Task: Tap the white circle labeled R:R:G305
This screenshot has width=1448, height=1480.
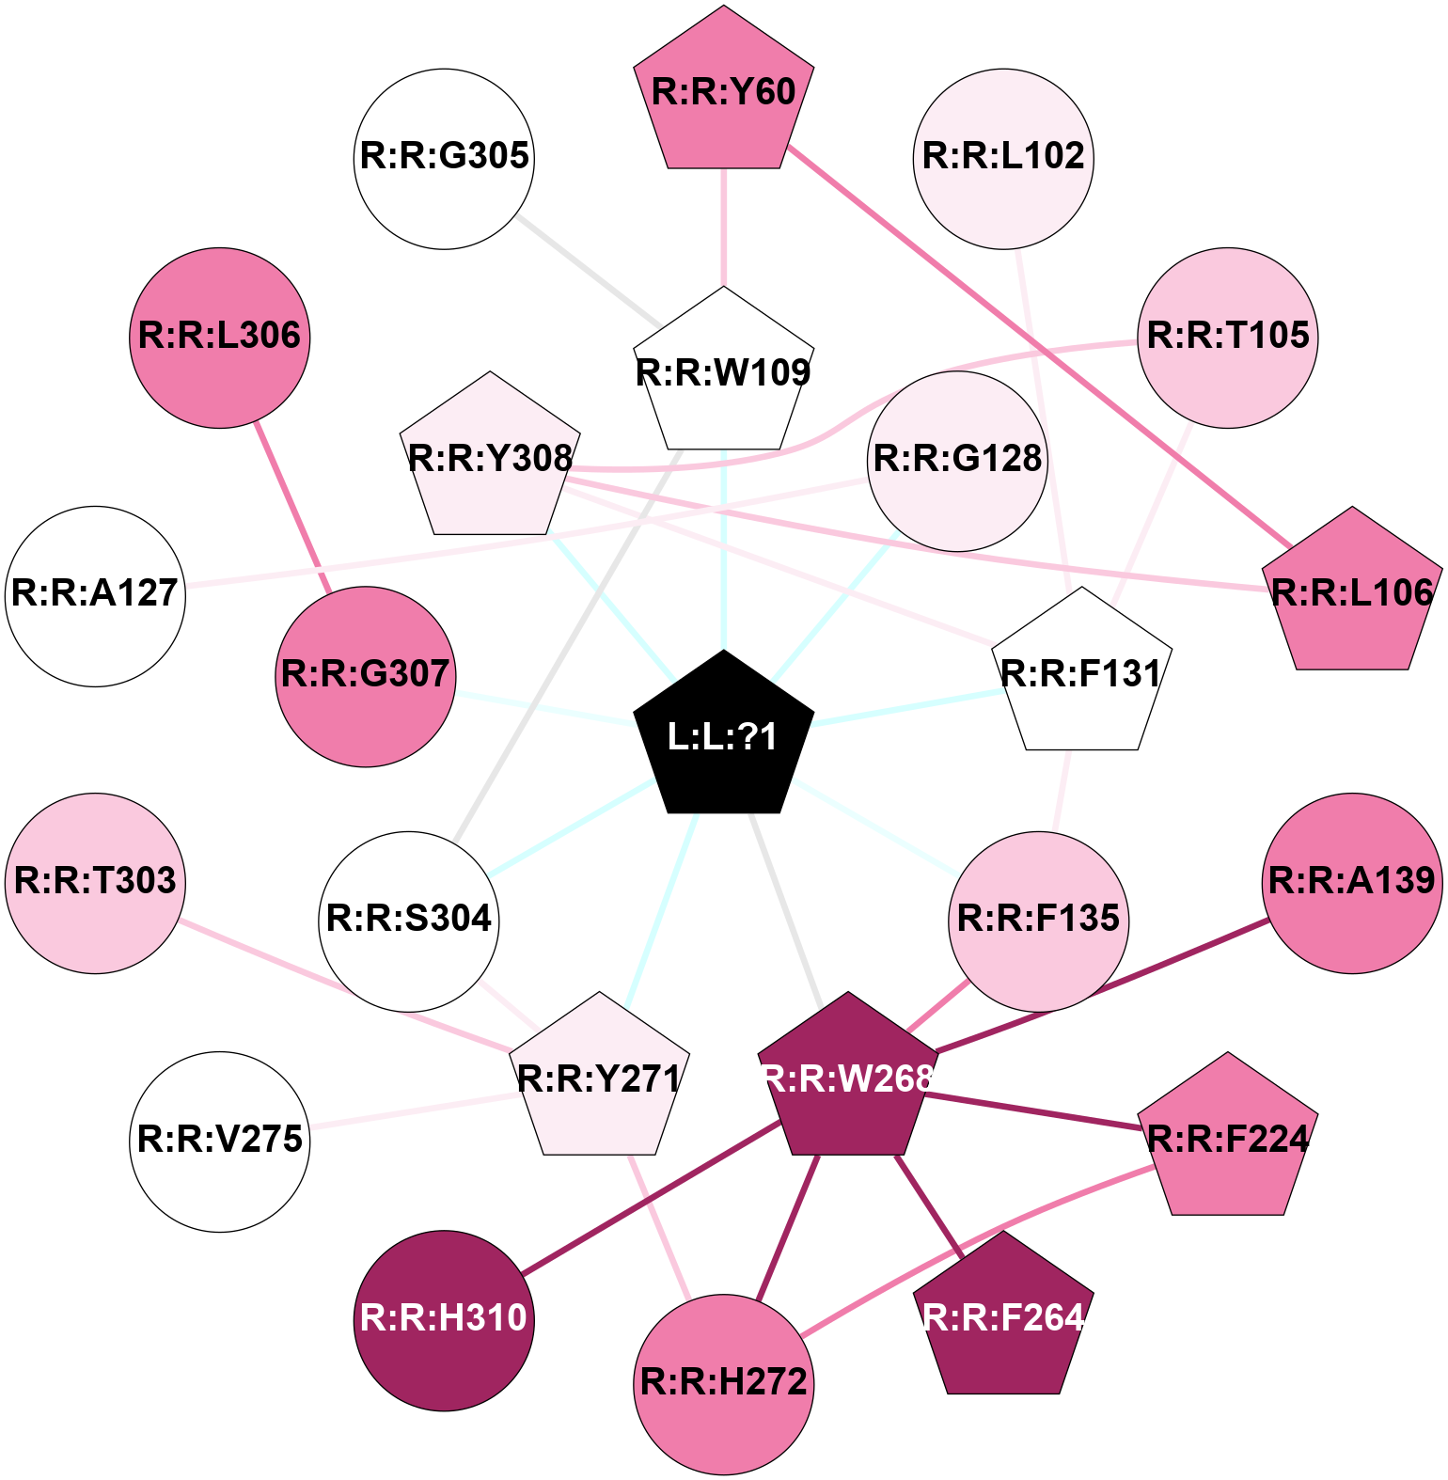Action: point(445,158)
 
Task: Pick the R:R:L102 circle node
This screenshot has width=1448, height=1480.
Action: point(1003,158)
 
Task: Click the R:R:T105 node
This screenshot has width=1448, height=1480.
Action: point(1228,338)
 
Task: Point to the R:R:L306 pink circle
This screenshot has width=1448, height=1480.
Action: point(220,338)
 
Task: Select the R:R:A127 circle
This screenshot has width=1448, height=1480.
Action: point(95,596)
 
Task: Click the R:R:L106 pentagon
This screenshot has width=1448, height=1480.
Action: point(1352,593)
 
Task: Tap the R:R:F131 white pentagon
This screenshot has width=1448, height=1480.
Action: point(1081,674)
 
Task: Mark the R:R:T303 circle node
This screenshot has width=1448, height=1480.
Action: point(95,883)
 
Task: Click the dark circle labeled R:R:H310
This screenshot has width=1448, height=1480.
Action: point(445,1320)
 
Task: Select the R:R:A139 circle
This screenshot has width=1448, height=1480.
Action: point(1352,883)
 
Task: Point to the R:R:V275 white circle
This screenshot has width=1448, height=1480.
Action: point(220,1141)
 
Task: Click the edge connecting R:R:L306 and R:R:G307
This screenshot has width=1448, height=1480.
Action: point(292,508)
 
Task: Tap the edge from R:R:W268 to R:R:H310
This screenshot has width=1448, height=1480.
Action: point(649,1199)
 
